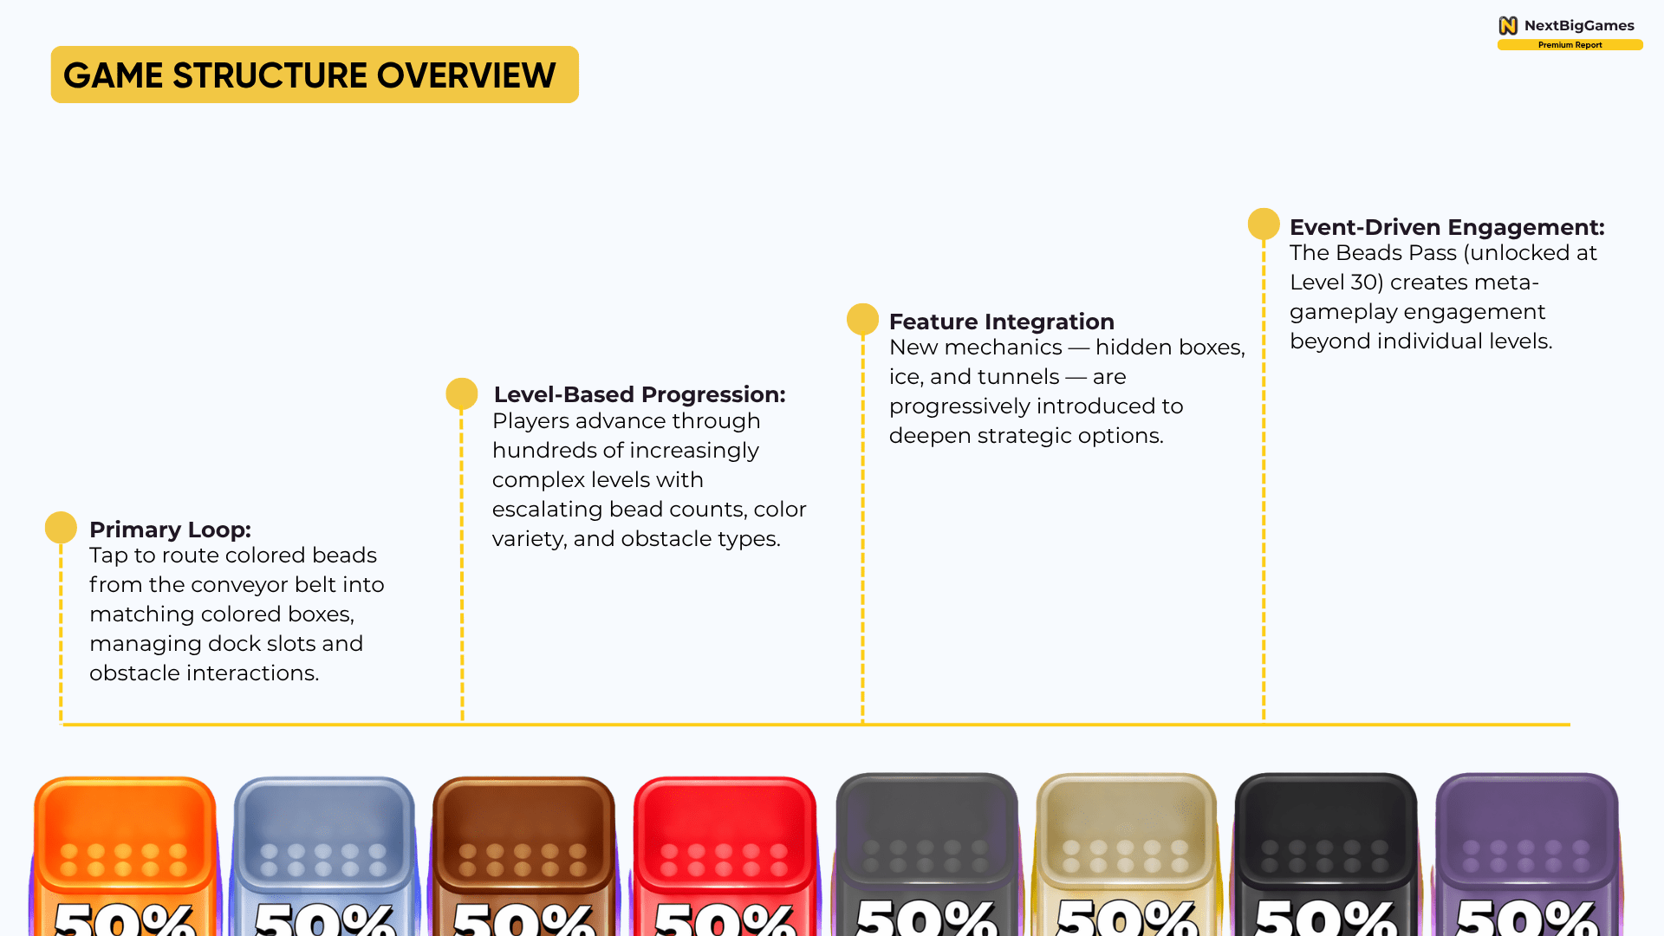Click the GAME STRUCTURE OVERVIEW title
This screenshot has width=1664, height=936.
pyautogui.click(x=309, y=75)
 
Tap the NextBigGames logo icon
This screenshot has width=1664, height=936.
pyautogui.click(x=1508, y=26)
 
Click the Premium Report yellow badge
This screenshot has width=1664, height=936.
pyautogui.click(x=1570, y=45)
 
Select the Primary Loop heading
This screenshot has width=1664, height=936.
pyautogui.click(x=170, y=530)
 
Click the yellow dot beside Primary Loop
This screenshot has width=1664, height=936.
pyautogui.click(x=61, y=528)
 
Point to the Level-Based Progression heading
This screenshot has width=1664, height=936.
pyautogui.click(x=640, y=394)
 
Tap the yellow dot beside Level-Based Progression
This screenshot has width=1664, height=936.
pyautogui.click(x=462, y=393)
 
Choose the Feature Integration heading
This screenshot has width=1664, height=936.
pyautogui.click(x=1002, y=322)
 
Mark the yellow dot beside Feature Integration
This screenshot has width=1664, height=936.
pyautogui.click(x=862, y=319)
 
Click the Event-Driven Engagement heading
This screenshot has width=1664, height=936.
pyautogui.click(x=1447, y=227)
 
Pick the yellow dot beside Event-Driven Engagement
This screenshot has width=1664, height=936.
pyautogui.click(x=1264, y=224)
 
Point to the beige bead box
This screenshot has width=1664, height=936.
pyautogui.click(x=1126, y=854)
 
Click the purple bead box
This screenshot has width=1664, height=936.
pyautogui.click(x=1526, y=854)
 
